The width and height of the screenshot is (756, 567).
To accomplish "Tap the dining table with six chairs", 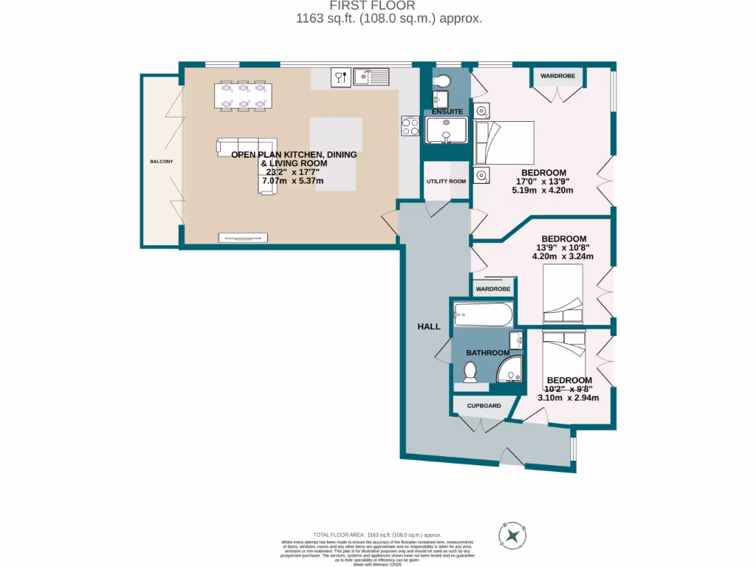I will pyautogui.click(x=242, y=96).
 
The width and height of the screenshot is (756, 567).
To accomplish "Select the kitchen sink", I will pyautogui.click(x=371, y=76).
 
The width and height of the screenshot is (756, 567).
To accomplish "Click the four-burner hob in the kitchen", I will pyautogui.click(x=410, y=126).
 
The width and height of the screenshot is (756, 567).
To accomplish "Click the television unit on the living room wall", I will pyautogui.click(x=243, y=238).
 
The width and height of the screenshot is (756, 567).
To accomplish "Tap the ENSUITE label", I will pyautogui.click(x=447, y=111).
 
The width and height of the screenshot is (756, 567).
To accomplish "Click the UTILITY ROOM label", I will pyautogui.click(x=446, y=181).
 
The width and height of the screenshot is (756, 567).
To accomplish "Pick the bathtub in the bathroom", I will pyautogui.click(x=483, y=315).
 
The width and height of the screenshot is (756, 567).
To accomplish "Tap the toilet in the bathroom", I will pyautogui.click(x=470, y=373).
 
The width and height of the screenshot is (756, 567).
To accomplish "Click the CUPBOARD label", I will pyautogui.click(x=484, y=405).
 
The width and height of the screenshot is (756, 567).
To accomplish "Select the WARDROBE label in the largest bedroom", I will pyautogui.click(x=557, y=75).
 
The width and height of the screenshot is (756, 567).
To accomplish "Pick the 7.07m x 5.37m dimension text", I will pyautogui.click(x=294, y=181).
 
